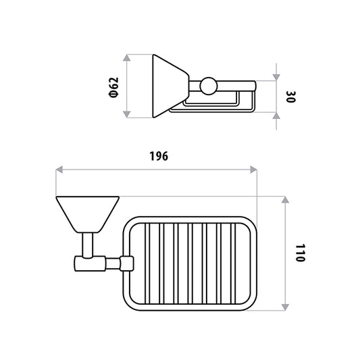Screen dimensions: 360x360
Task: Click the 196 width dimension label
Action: (159, 156)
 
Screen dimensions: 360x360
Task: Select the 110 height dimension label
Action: (300, 253)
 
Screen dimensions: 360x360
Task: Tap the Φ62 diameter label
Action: (114, 88)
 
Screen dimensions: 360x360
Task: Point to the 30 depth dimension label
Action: (291, 97)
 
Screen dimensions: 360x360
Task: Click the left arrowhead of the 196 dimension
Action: (59, 170)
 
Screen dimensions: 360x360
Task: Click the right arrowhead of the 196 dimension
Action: (253, 170)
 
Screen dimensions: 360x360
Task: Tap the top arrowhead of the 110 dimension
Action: (285, 200)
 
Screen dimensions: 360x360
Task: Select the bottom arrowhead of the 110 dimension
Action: (285, 307)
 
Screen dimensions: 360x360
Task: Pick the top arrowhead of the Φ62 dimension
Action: (127, 58)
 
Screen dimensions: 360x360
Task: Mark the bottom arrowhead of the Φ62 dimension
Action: (127, 114)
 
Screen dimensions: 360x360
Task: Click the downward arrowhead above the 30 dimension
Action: (276, 78)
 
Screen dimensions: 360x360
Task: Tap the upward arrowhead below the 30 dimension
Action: (276, 115)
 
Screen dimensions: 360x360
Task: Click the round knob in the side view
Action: (209, 86)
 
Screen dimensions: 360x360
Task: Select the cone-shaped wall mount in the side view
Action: (171, 86)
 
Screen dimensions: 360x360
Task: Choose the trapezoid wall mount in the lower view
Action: (88, 214)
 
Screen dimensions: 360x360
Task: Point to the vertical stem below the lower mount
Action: (88, 245)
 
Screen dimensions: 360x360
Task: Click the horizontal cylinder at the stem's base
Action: (90, 263)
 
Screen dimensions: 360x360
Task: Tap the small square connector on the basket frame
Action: (127, 263)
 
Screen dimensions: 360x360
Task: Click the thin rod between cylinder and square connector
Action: (113, 263)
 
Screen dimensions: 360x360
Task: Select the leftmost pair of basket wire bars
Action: (147, 263)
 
